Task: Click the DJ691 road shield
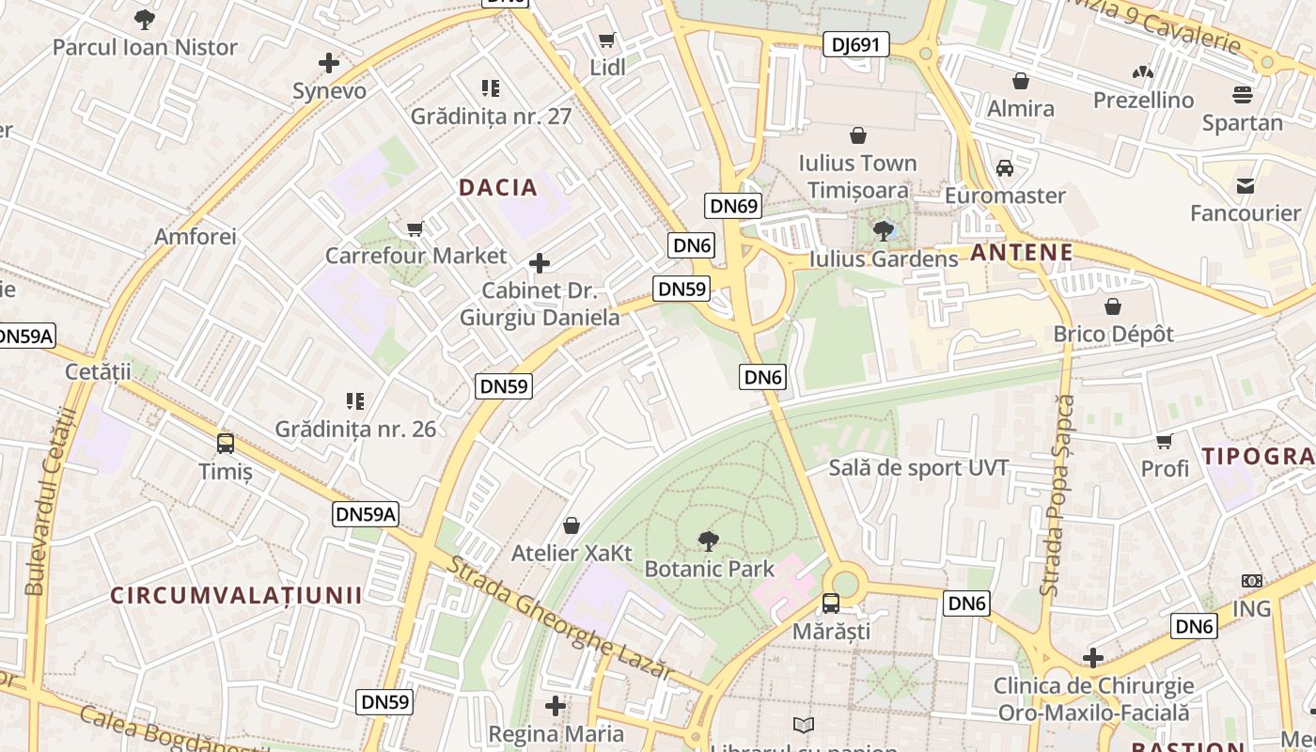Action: (855, 44)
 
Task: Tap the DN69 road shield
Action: (733, 206)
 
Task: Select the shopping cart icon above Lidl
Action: (607, 40)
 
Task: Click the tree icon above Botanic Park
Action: (709, 540)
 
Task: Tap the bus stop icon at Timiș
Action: (226, 444)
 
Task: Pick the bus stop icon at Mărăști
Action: (831, 603)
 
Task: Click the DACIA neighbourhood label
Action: (498, 187)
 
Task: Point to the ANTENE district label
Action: (1022, 252)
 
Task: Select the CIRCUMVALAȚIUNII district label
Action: (236, 595)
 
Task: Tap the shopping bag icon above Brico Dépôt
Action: (1113, 306)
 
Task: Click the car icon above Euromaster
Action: (1005, 168)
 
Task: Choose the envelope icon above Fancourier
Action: (1245, 185)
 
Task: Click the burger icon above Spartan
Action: (1242, 95)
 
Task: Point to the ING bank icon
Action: (1251, 581)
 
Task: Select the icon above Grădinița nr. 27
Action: (491, 88)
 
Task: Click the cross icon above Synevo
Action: (329, 63)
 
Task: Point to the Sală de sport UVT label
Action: (918, 468)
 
